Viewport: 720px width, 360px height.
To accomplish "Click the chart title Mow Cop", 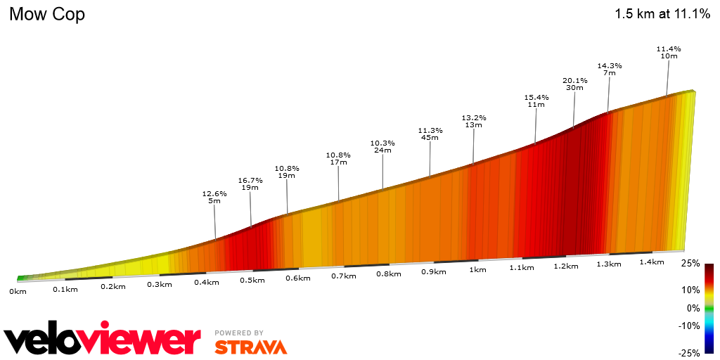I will (x=47, y=14).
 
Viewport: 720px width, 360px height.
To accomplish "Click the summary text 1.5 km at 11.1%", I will (x=662, y=14).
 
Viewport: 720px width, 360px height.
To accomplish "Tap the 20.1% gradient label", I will (x=574, y=80).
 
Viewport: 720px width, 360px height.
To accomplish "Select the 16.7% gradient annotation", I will (x=250, y=180).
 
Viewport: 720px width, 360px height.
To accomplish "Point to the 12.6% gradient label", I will (x=214, y=193).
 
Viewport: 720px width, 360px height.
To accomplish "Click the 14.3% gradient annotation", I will (x=610, y=65).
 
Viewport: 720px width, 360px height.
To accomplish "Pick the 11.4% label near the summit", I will (x=668, y=49).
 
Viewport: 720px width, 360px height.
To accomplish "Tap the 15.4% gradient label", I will (x=536, y=97).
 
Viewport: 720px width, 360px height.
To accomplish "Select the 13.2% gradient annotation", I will (x=473, y=117).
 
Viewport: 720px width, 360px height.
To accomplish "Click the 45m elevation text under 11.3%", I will (x=430, y=138).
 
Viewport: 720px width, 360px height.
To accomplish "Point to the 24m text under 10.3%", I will (x=382, y=150).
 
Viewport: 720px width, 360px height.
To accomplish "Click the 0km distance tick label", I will (x=18, y=290).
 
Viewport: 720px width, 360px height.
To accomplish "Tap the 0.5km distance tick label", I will (x=252, y=280).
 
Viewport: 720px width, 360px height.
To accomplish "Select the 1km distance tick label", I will (x=477, y=269).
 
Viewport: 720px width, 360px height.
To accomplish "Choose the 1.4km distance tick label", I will (x=652, y=262).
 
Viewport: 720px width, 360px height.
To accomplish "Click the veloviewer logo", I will (x=103, y=340).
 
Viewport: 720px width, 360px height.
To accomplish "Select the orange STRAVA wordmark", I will (x=250, y=347).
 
